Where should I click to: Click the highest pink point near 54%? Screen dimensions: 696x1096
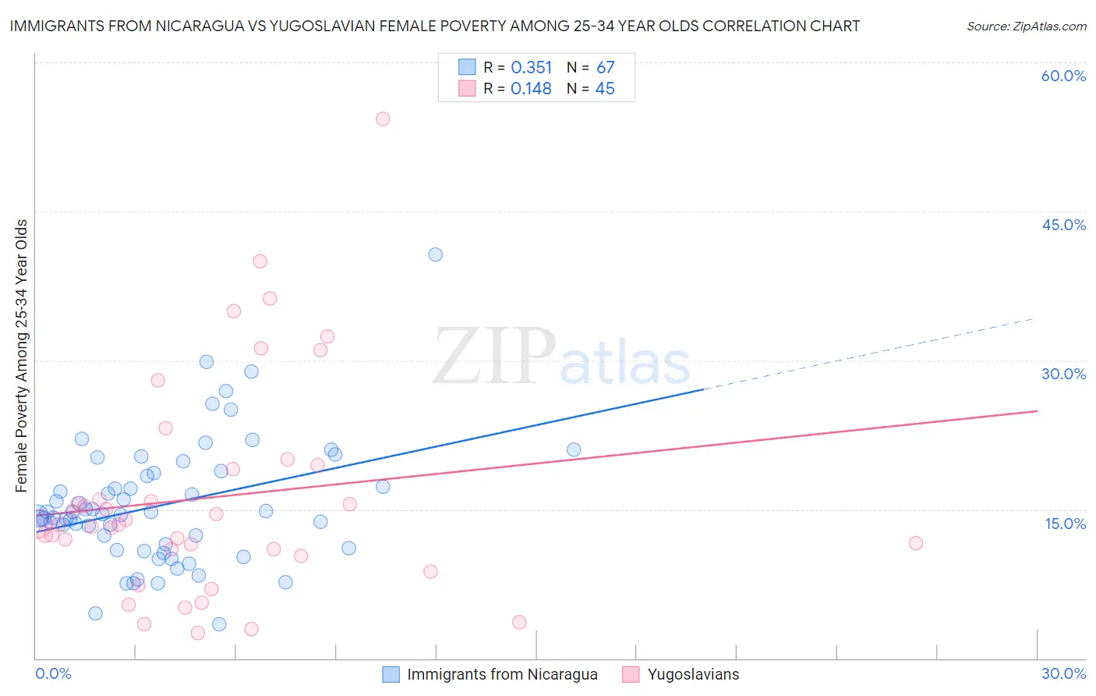383,119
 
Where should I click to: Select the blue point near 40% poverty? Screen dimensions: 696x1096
436,254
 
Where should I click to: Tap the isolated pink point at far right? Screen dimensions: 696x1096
916,543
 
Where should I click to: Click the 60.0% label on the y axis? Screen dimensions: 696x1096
1063,76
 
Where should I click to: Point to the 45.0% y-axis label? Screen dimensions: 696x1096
1063,225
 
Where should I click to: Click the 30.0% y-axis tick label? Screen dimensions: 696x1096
1063,374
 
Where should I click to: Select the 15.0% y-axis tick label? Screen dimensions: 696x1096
1065,524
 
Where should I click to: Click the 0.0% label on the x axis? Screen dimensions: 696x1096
53,673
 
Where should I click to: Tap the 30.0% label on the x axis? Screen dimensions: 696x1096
1063,673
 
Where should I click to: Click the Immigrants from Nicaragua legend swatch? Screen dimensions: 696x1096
391,674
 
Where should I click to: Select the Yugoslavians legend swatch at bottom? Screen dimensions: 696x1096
631,674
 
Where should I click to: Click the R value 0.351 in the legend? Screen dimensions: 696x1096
531,68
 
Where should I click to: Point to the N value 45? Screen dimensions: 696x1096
605,89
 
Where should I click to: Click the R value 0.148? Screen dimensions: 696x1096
531,89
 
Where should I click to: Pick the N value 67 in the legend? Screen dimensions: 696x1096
605,68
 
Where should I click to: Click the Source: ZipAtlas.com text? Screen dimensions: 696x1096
1026,27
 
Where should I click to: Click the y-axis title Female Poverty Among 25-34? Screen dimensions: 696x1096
22,356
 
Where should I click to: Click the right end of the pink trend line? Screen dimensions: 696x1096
1037,410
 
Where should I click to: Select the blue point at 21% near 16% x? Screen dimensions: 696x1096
574,449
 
